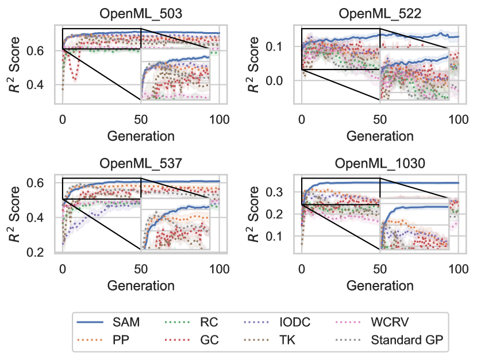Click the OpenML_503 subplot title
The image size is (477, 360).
tap(141, 13)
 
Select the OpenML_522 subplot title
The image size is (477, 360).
tap(379, 13)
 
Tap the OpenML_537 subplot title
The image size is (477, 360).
tap(141, 163)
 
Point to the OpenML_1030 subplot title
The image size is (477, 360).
tap(379, 163)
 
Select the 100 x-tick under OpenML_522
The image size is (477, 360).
tap(457, 120)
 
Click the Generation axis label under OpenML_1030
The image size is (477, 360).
tap(379, 285)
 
